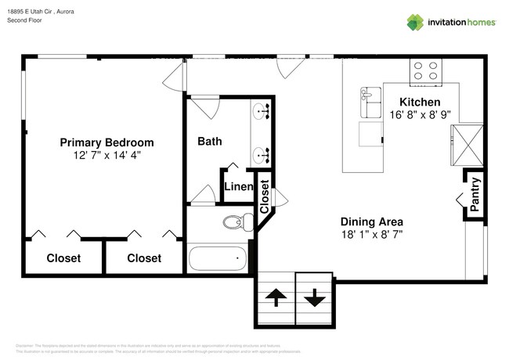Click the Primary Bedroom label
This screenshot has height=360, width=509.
106,142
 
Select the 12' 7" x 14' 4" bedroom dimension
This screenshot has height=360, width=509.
106,155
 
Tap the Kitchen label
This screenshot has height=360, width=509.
420,102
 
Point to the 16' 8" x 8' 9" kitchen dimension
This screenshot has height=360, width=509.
420,115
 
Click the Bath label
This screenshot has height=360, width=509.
209,142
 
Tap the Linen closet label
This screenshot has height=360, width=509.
238,187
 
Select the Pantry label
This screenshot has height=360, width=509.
475,194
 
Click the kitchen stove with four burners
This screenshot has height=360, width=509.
426,72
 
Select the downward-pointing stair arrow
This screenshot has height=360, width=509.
314,297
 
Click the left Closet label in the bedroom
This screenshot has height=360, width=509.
64,258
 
